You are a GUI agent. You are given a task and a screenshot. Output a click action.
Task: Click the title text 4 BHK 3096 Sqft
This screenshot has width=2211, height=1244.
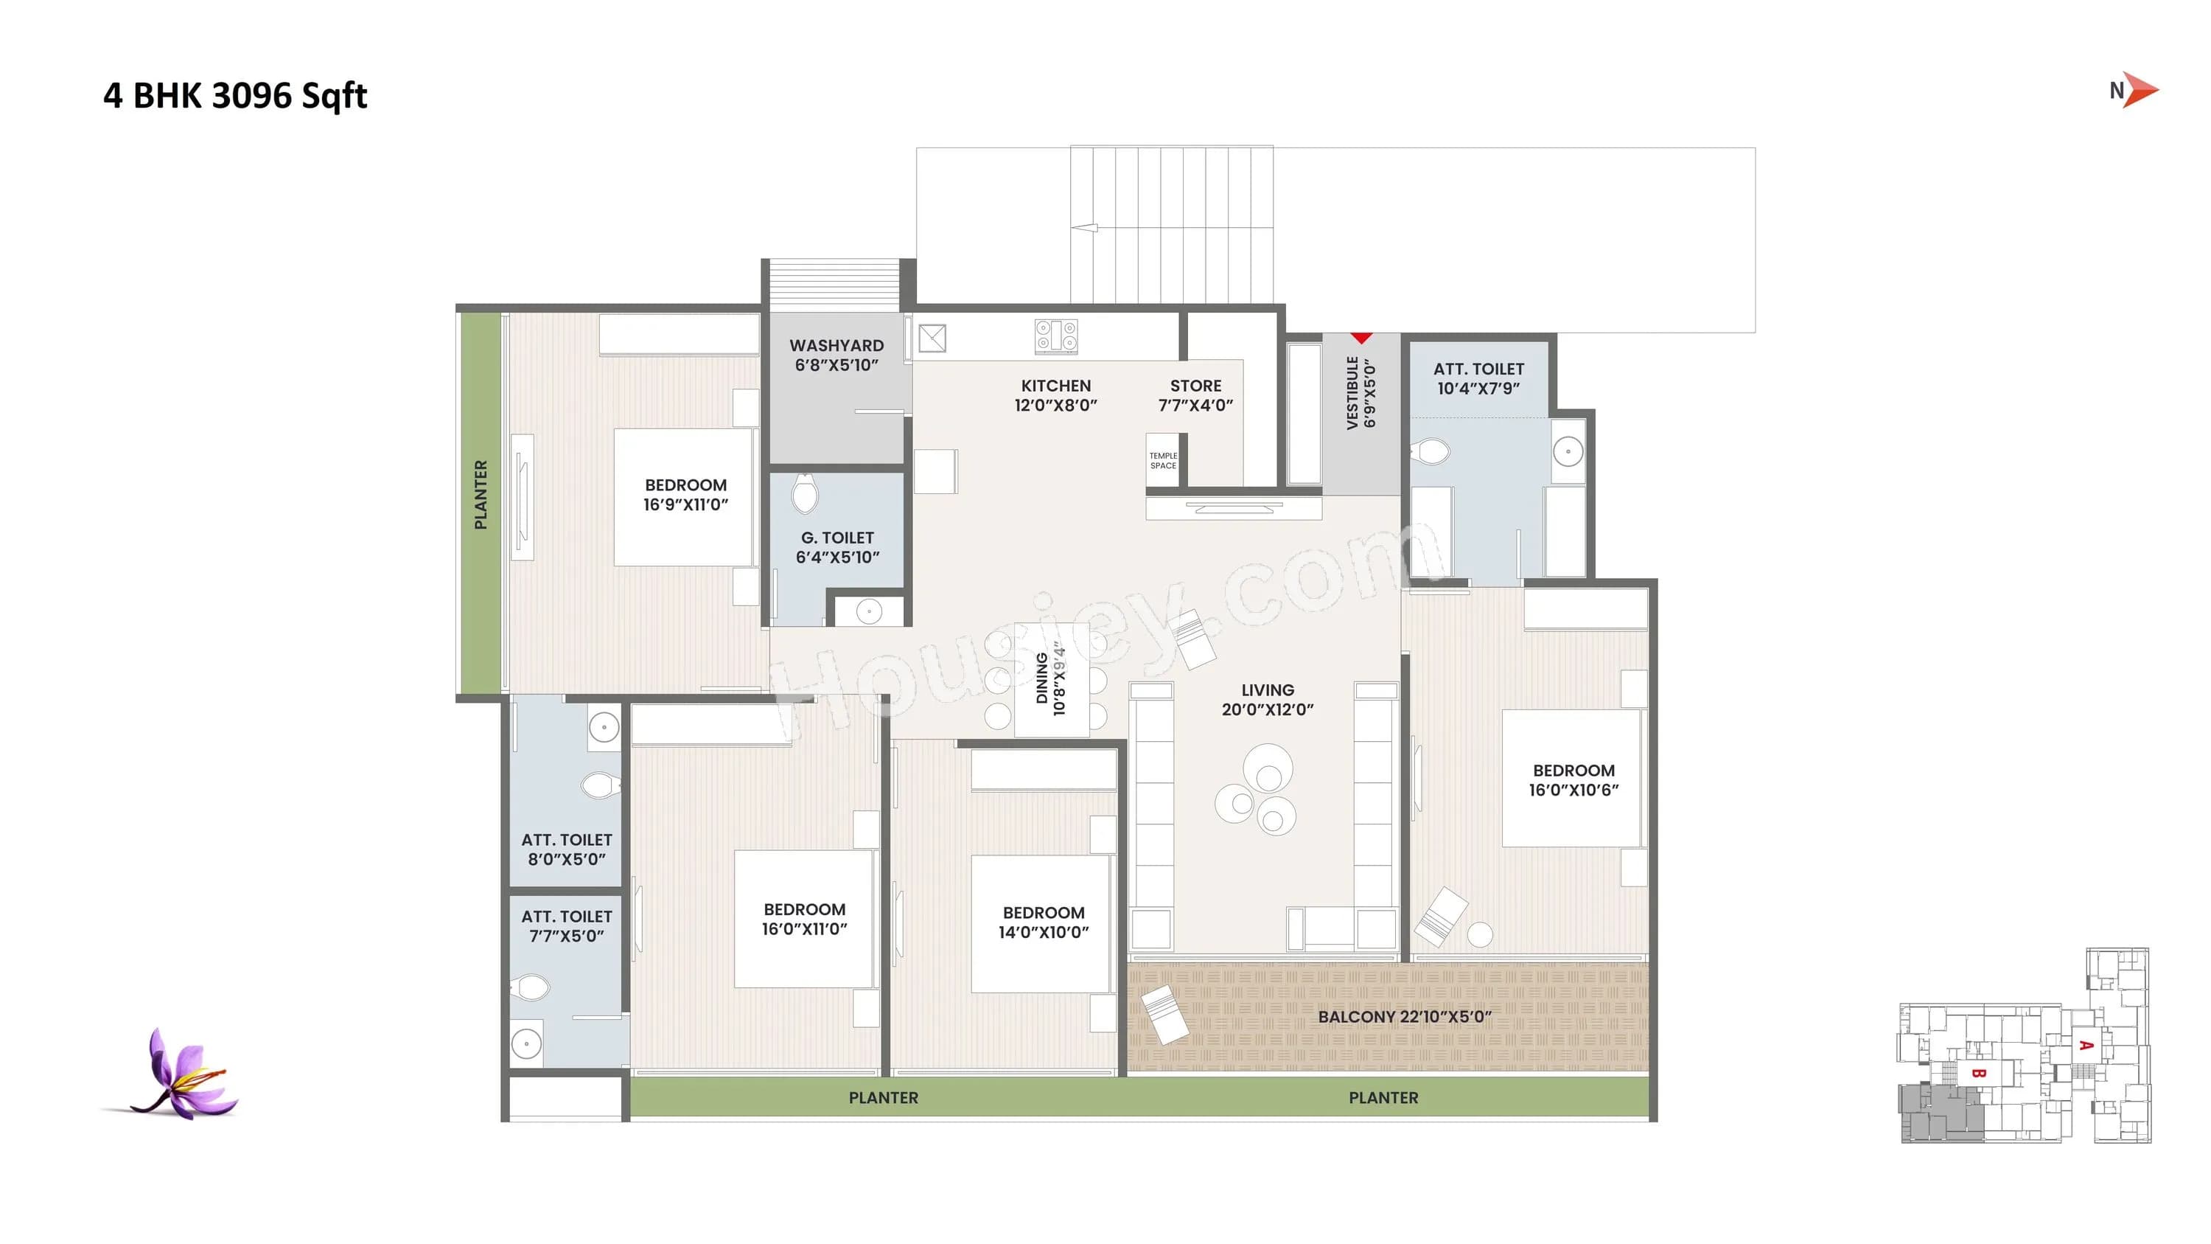(234, 95)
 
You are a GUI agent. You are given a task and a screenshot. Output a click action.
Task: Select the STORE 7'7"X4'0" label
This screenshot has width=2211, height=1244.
(1195, 395)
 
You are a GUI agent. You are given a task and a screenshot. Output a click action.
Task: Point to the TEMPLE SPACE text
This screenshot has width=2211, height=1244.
(1163, 461)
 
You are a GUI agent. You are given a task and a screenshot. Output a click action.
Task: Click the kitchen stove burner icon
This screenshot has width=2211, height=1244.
(1055, 336)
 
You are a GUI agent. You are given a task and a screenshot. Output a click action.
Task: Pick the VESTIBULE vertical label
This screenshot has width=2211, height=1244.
(1361, 393)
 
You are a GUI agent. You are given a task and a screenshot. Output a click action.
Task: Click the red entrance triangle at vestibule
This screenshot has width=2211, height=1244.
(1361, 338)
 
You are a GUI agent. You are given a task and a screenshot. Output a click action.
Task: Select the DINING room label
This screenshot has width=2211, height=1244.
(1049, 678)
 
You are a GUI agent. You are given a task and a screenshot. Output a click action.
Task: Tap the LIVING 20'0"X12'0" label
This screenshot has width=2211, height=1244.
(1267, 699)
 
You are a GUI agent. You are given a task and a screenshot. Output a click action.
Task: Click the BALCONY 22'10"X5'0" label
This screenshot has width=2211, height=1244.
(1404, 1016)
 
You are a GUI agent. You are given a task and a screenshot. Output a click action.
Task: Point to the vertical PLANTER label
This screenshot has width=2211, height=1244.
(481, 495)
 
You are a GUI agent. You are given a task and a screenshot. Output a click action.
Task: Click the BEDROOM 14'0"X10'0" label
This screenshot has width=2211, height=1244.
(1043, 921)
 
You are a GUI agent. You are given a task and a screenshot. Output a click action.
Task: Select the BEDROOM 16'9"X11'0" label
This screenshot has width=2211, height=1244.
(685, 495)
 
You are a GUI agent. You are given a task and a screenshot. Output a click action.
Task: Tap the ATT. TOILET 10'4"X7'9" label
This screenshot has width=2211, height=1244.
(1478, 378)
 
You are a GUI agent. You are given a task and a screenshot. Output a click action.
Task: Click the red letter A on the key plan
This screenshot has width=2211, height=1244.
(2086, 1046)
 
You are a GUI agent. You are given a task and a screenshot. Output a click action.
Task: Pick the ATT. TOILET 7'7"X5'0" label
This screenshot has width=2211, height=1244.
(567, 925)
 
